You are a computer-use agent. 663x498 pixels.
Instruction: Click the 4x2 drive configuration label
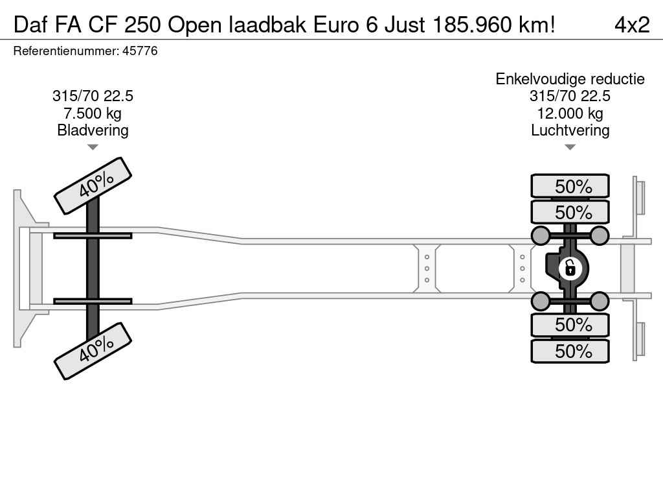pyautogui.click(x=632, y=25)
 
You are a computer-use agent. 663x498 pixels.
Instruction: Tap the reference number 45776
pyautogui.click(x=140, y=51)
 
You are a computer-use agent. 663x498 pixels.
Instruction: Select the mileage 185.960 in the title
pyautogui.click(x=472, y=25)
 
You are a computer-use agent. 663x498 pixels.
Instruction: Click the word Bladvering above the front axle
pyautogui.click(x=93, y=130)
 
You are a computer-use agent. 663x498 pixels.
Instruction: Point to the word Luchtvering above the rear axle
pyautogui.click(x=570, y=130)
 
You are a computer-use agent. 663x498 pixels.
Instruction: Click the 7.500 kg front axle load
pyautogui.click(x=93, y=113)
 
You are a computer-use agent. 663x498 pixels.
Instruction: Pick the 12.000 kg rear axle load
pyautogui.click(x=570, y=113)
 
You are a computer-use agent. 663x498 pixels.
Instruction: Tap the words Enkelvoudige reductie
pyautogui.click(x=570, y=78)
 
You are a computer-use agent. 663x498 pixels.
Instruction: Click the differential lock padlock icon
pyautogui.click(x=570, y=268)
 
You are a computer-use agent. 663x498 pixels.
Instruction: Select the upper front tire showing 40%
pyautogui.click(x=93, y=186)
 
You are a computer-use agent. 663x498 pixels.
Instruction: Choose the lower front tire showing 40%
pyautogui.click(x=93, y=351)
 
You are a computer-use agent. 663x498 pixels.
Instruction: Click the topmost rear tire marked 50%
pyautogui.click(x=570, y=186)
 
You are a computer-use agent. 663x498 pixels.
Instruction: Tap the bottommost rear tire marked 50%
pyautogui.click(x=570, y=351)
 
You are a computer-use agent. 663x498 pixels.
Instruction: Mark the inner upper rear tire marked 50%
pyautogui.click(x=570, y=212)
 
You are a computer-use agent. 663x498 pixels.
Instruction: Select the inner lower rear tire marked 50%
pyautogui.click(x=570, y=325)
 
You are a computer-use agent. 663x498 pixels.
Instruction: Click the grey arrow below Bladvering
pyautogui.click(x=93, y=147)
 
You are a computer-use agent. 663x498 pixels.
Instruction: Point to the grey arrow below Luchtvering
pyautogui.click(x=570, y=147)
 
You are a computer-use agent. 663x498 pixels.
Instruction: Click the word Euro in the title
pyautogui.click(x=336, y=25)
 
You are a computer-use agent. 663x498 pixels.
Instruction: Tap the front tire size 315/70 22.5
pyautogui.click(x=93, y=96)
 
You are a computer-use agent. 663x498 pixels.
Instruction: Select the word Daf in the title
pyautogui.click(x=30, y=25)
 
